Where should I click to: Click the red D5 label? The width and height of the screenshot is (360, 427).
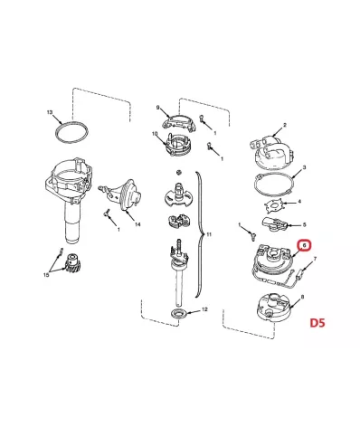point(317,323)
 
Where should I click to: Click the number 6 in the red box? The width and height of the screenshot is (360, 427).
point(305,245)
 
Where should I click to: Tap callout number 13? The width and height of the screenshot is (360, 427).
point(50,112)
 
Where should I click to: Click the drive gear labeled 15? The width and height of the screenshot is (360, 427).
point(71,263)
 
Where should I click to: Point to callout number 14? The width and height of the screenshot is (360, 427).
point(137,224)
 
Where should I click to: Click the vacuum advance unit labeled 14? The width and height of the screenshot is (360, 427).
point(124,195)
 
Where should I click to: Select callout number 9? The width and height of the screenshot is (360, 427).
point(157,108)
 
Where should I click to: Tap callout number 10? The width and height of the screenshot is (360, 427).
point(155,134)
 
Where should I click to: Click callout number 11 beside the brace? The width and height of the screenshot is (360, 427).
point(209,234)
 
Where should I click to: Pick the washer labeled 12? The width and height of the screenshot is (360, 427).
point(179,314)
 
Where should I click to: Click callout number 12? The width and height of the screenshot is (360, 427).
point(204,309)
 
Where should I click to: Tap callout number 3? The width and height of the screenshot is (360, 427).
point(304,167)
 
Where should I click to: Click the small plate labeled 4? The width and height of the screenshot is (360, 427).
point(274,206)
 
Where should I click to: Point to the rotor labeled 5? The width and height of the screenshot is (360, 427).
point(274,223)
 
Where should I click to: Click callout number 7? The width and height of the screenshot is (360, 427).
point(316,259)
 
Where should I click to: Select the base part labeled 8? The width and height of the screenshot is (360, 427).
point(273,308)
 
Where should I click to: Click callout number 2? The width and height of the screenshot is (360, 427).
point(285,125)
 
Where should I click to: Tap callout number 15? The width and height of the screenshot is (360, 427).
point(46,275)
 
